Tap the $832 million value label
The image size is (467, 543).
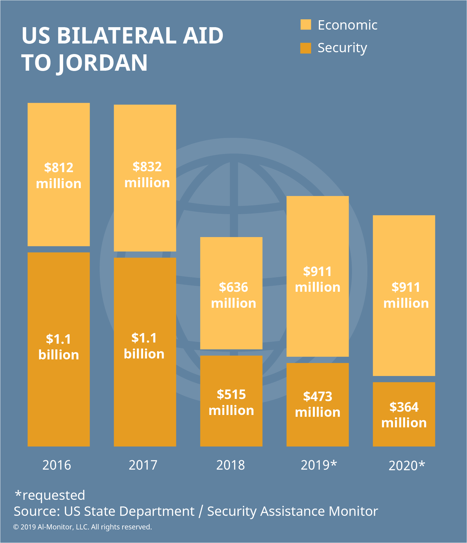point(147,175)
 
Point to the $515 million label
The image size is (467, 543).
point(231,403)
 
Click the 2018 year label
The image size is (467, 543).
point(231,465)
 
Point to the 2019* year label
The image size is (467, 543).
point(319,465)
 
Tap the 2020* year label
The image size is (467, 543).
point(407,466)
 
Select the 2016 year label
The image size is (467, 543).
point(57,465)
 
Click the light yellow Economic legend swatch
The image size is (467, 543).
point(306,25)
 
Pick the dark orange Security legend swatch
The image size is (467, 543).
point(306,48)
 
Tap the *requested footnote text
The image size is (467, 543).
point(50,495)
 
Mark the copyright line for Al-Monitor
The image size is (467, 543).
point(82,527)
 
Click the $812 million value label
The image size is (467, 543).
point(59,176)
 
